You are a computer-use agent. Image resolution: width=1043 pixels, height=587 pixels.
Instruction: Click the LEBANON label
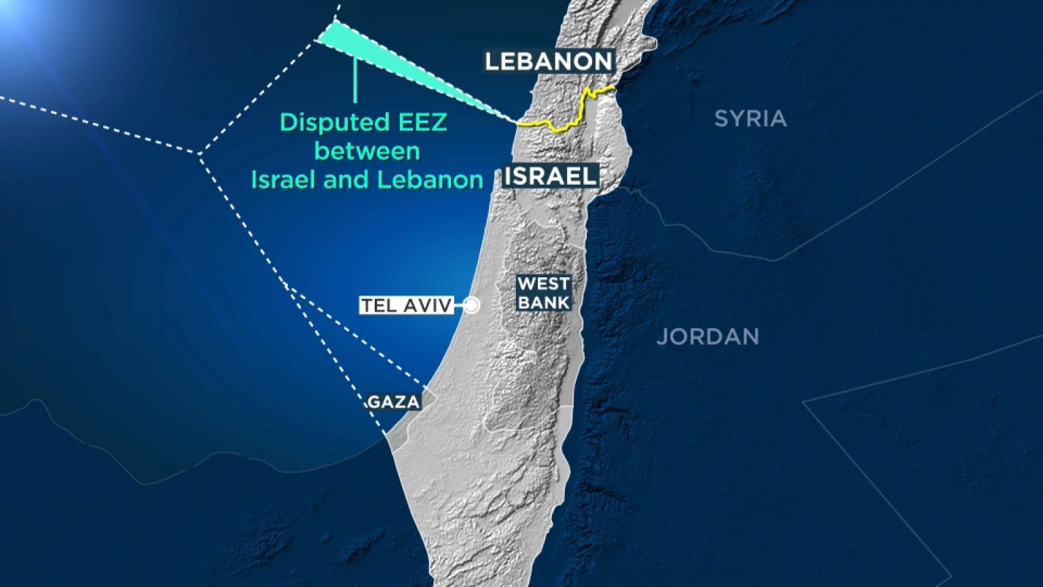(549, 61)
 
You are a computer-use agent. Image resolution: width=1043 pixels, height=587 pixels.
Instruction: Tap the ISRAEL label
(551, 177)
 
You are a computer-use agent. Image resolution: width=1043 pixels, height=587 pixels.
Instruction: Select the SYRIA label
(750, 119)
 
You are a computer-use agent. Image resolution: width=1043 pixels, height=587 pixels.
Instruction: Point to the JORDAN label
(708, 336)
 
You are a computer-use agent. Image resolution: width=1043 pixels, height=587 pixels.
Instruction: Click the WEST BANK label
(543, 293)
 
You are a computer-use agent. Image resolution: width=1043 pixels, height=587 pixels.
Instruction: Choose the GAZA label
(393, 402)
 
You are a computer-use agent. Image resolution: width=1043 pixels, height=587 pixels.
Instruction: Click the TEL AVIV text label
(406, 306)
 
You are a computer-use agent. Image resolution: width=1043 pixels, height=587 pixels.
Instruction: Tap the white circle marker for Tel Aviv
(471, 306)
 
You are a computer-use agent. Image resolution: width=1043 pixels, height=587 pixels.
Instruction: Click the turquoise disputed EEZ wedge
(380, 54)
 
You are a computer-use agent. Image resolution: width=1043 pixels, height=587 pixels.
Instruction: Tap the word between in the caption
(367, 151)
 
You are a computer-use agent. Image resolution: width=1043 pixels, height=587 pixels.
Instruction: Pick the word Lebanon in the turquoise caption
(430, 180)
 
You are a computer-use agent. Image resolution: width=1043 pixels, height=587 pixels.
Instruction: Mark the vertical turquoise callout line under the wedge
(355, 82)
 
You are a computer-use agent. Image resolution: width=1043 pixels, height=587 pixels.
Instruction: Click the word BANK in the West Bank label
(543, 302)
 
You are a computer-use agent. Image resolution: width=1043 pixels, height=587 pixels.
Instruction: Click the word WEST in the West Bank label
(543, 284)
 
